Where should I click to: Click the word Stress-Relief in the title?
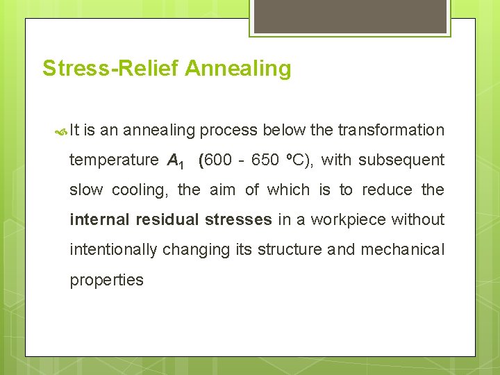111,69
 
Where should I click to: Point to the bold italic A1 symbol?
175,161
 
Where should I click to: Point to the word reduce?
389,190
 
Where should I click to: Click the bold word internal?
99,219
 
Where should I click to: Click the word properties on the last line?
106,280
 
